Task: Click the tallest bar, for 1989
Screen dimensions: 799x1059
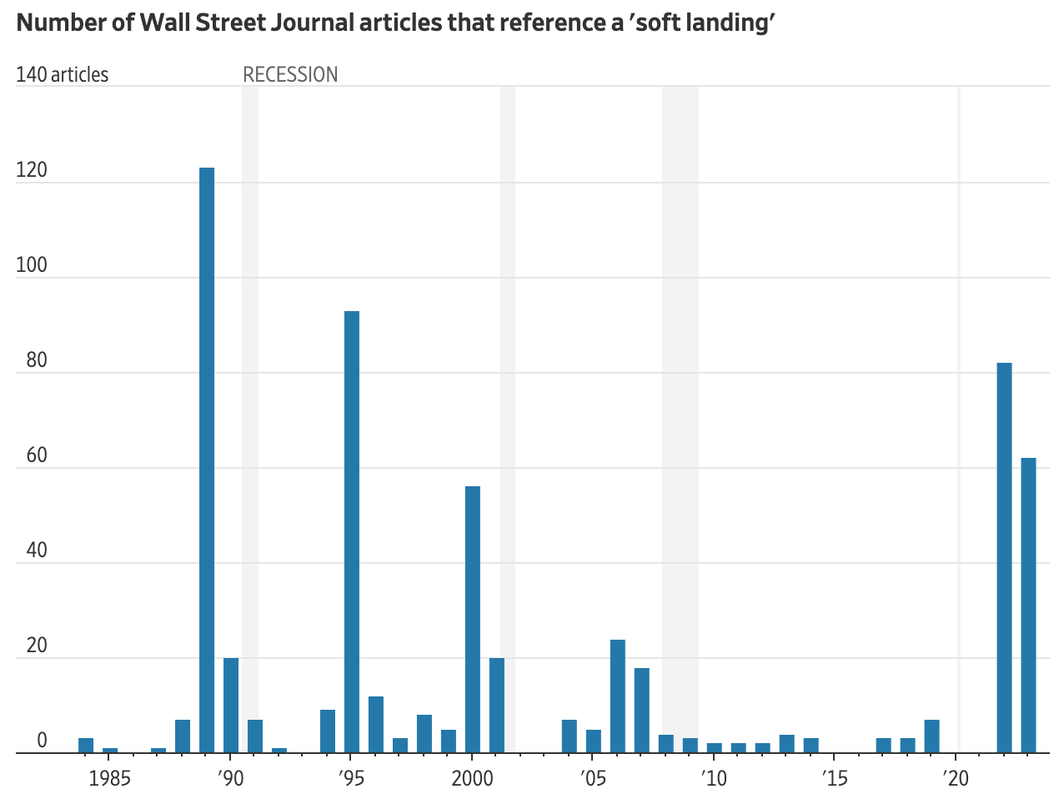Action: point(207,460)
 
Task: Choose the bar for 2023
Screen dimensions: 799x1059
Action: point(1028,605)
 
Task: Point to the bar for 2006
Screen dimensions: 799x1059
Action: point(618,696)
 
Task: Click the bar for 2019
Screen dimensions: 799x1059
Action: point(931,736)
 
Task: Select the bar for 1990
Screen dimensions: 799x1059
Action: point(231,705)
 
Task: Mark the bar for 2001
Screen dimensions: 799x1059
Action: point(497,705)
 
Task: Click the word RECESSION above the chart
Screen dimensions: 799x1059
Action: point(290,74)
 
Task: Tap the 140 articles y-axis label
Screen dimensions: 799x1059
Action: point(62,74)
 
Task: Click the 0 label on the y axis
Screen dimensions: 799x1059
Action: point(42,741)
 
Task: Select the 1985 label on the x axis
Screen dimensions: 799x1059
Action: point(109,779)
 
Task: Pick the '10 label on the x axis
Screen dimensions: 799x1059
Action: point(713,779)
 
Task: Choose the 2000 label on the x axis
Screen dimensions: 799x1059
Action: point(472,779)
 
